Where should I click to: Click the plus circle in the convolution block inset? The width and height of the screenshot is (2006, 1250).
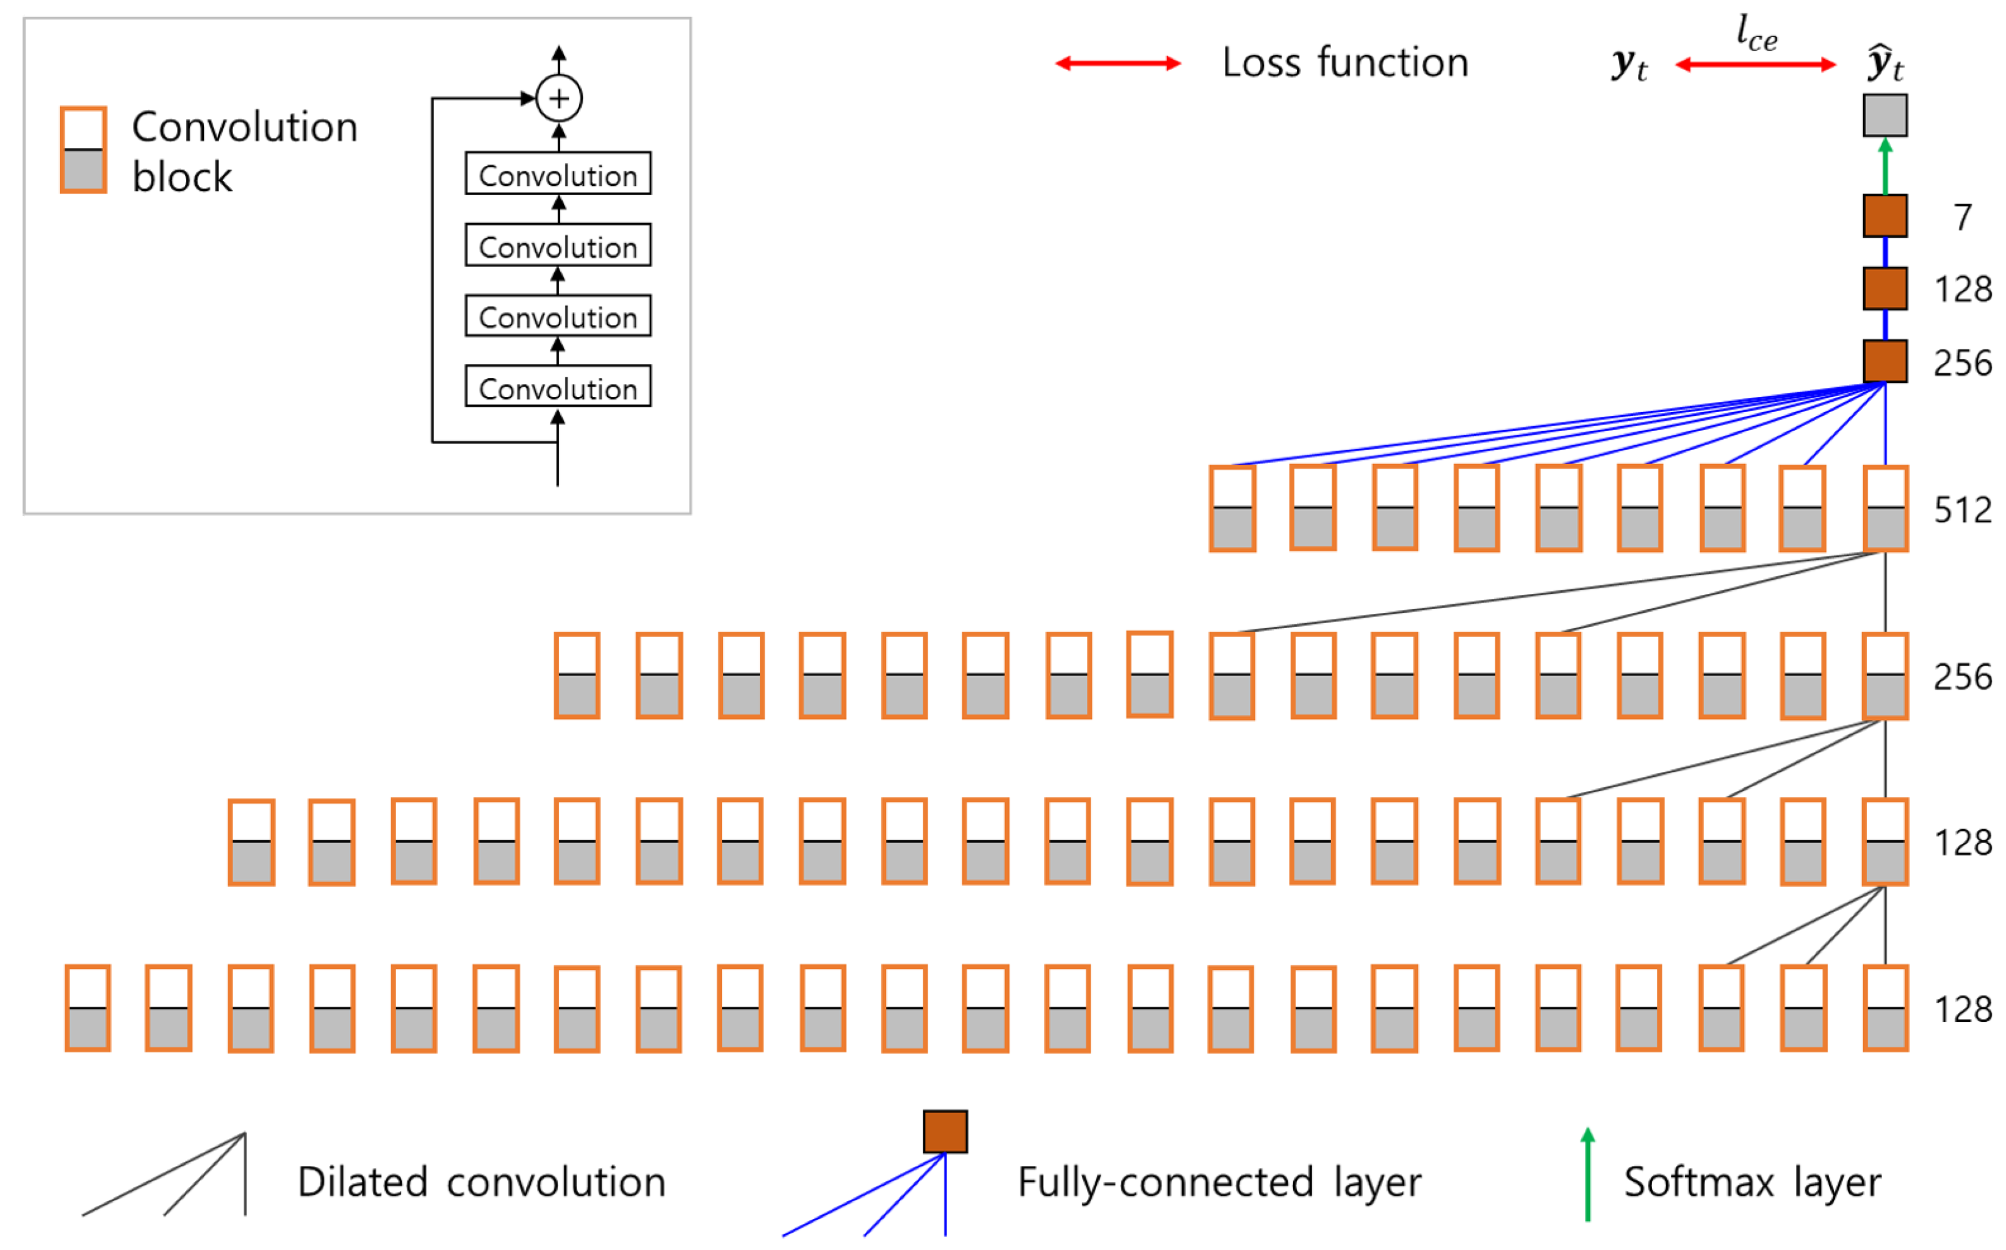559,98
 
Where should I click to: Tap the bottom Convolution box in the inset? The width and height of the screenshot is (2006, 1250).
558,386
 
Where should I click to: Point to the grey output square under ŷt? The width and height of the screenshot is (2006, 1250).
1885,115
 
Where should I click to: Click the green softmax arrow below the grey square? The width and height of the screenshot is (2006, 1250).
1885,166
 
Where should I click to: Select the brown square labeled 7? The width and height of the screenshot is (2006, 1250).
1885,216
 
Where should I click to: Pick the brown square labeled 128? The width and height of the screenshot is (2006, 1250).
1885,288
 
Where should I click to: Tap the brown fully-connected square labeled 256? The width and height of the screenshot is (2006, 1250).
1885,361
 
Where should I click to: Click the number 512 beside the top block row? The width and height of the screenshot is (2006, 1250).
1962,510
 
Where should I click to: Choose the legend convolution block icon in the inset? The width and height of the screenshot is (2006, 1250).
84,149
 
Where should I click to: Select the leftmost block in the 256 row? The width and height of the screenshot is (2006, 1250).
577,676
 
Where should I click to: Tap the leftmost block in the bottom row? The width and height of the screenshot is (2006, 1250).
88,1008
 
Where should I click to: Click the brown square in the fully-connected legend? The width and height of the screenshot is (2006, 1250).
945,1132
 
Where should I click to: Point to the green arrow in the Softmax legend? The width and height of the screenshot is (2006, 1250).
1587,1174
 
